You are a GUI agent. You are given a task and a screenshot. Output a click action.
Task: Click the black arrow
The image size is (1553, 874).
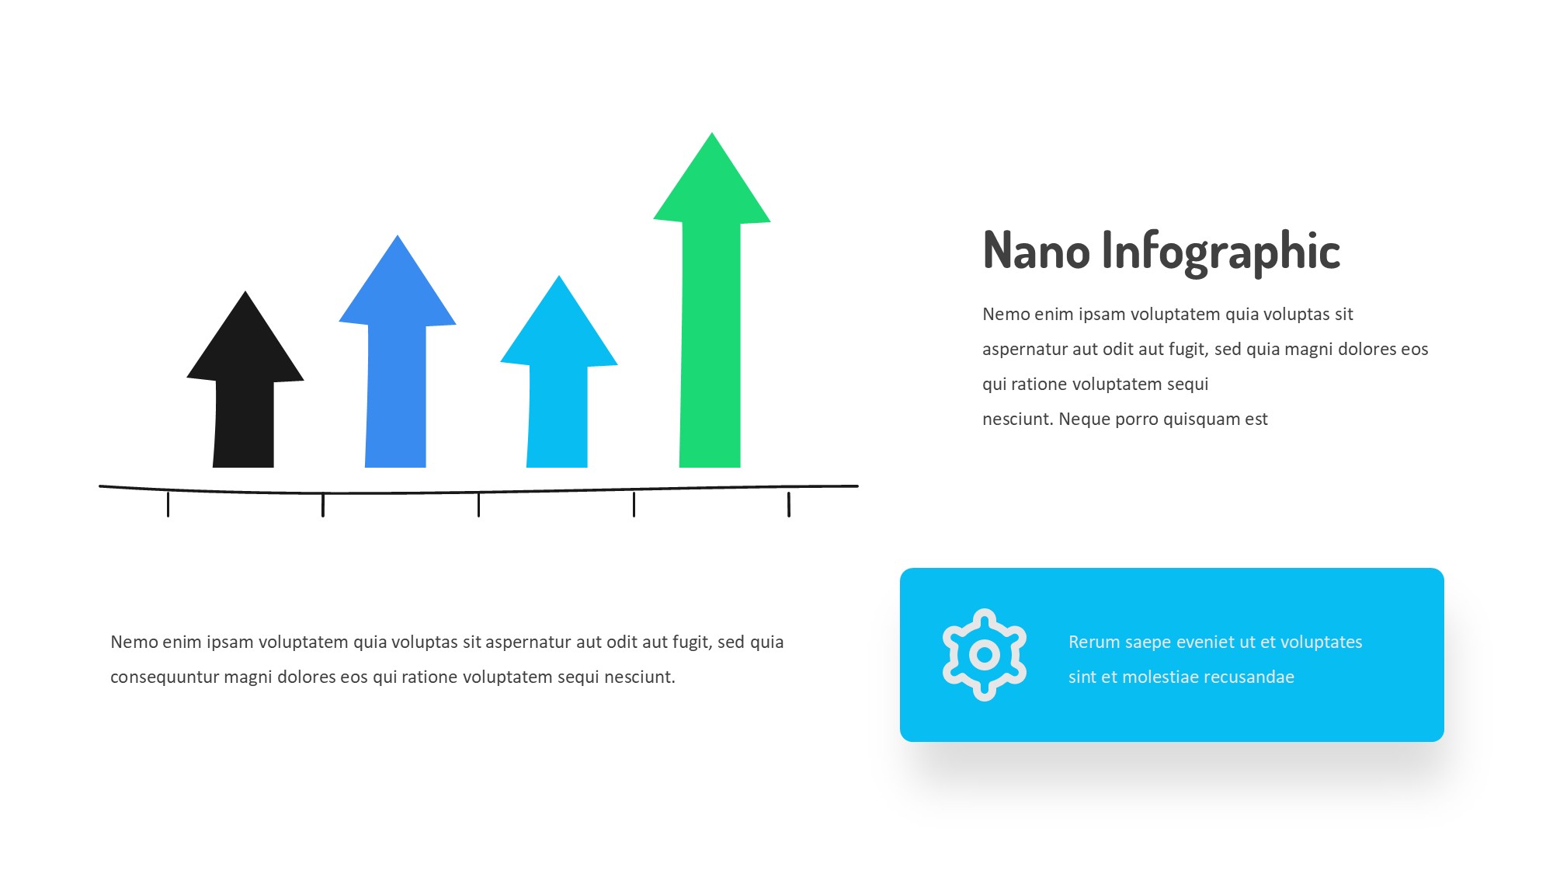pos(245,388)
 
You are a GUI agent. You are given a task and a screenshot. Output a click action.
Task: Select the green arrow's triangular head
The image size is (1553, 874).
pos(712,183)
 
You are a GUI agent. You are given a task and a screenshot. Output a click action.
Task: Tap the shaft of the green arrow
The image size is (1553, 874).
pos(710,346)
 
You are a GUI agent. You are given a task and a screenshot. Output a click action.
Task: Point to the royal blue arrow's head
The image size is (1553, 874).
pos(398,284)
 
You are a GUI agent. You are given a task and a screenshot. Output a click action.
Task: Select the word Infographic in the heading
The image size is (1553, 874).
pos(1221,252)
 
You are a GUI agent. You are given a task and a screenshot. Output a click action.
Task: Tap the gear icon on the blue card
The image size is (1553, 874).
pos(985,655)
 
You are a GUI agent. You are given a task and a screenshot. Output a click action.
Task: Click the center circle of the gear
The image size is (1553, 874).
pos(985,655)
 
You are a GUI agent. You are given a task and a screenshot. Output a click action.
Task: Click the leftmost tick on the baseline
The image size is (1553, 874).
pos(168,503)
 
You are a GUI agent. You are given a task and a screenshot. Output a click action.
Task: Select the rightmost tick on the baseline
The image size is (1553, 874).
pos(789,503)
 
